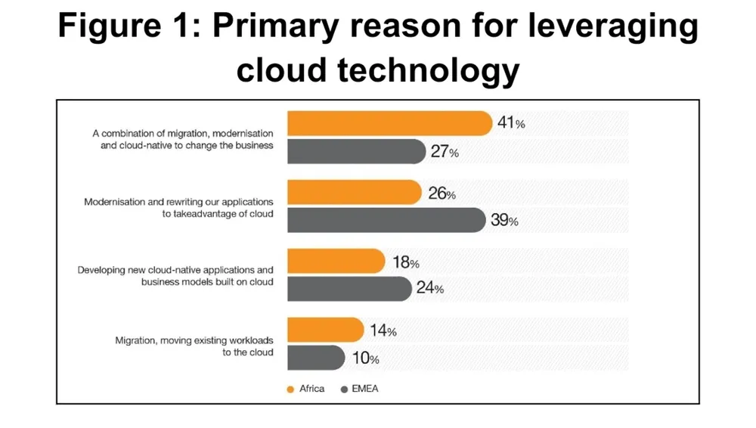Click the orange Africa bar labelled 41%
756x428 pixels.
click(x=389, y=123)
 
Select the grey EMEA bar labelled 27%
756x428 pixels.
click(x=356, y=151)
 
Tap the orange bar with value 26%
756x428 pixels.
click(x=354, y=193)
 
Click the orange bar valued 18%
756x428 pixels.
click(x=336, y=262)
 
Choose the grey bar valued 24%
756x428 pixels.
click(x=349, y=288)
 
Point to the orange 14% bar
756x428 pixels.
click(x=325, y=330)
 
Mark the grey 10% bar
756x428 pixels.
click(x=316, y=357)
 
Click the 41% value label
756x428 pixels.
click(x=511, y=123)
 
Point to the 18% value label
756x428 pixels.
click(x=405, y=262)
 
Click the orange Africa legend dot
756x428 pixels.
click(x=290, y=389)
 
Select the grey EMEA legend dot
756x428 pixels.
click(x=345, y=389)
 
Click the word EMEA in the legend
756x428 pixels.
click(x=365, y=389)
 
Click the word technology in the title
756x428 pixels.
click(x=429, y=70)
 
